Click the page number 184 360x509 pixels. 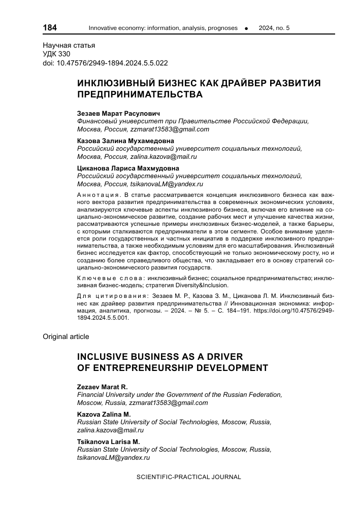(x=50, y=27)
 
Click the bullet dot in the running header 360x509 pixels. (x=246, y=28)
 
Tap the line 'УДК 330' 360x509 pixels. (x=56, y=54)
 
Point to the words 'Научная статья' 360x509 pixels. (x=69, y=45)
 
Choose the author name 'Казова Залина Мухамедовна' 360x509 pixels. (x=125, y=141)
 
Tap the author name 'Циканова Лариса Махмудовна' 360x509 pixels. (x=128, y=168)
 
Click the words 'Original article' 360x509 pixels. (x=66, y=336)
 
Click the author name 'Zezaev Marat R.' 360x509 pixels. (x=102, y=387)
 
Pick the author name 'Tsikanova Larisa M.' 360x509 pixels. (x=108, y=442)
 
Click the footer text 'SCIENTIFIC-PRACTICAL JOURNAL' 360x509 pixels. (x=189, y=477)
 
